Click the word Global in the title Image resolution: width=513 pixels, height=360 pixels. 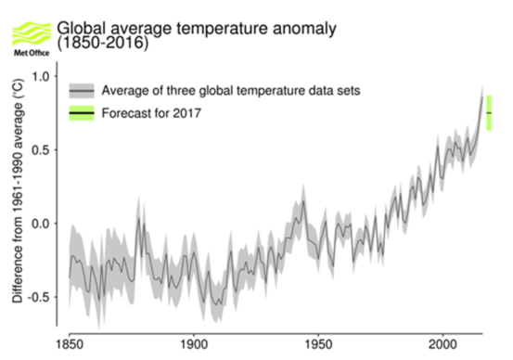click(82, 27)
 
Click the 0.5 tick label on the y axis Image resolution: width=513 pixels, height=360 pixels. click(43, 149)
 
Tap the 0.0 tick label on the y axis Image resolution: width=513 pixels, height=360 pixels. click(43, 224)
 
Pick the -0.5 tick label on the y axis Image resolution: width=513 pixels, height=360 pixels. click(41, 297)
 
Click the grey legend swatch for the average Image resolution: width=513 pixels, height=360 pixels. click(82, 90)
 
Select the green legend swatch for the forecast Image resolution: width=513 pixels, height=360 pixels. click(82, 113)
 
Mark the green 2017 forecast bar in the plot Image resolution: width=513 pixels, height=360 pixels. click(489, 112)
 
